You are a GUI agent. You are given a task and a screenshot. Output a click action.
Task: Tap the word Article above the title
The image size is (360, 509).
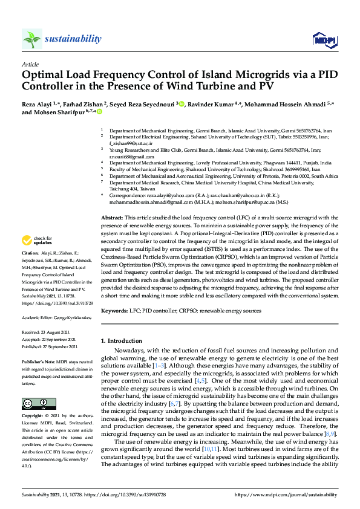(x=30, y=64)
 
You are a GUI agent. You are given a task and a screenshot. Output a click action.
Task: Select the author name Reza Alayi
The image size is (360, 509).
(x=37, y=104)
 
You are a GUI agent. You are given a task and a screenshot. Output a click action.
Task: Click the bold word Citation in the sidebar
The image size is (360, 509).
(x=30, y=287)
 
